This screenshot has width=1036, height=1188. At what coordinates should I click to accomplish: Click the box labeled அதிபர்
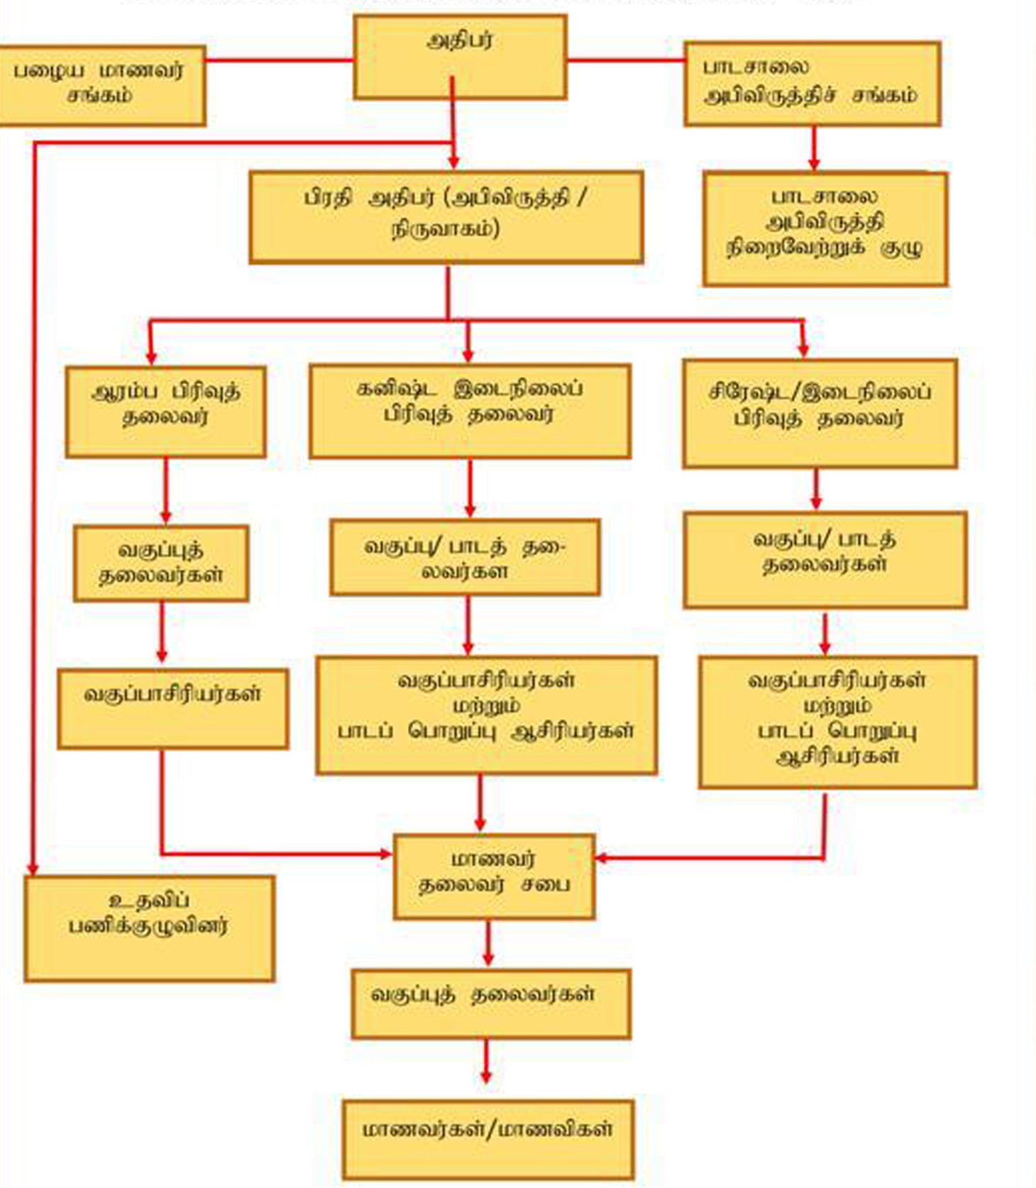tap(460, 57)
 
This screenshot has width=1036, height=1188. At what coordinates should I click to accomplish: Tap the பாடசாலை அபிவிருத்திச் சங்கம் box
tap(812, 84)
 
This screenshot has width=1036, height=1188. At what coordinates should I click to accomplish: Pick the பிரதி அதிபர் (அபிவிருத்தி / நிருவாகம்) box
tap(446, 216)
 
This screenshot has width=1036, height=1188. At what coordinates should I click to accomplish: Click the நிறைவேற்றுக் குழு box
tap(825, 229)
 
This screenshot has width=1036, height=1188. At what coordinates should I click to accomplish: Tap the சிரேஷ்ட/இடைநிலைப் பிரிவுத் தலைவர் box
tap(820, 414)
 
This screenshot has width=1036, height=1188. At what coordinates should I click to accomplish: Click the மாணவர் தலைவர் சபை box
tap(494, 876)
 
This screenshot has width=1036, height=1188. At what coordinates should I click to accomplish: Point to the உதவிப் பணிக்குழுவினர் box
tap(149, 928)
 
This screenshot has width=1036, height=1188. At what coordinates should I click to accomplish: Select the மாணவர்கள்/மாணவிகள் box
tap(488, 1139)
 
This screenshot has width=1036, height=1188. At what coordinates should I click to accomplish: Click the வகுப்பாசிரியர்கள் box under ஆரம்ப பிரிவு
tap(173, 708)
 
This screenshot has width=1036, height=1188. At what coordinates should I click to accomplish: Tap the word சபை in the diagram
tap(546, 885)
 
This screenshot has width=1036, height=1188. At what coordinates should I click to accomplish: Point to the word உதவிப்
tap(150, 901)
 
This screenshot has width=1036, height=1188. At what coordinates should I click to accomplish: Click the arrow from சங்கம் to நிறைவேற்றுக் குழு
tap(814, 149)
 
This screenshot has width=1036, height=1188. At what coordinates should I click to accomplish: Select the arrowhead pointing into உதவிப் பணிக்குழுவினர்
tap(33, 869)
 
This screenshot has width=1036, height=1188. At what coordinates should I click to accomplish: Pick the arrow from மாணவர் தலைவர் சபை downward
tap(487, 944)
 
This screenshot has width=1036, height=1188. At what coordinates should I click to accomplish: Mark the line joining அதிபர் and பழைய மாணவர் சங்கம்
tap(280, 60)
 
